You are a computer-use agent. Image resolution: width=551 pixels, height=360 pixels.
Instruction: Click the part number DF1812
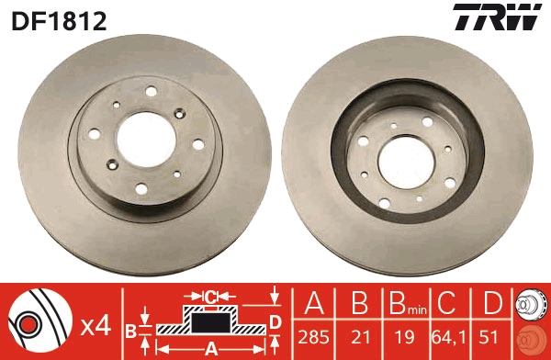59,21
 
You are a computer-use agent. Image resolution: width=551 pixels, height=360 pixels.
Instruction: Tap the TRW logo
497,17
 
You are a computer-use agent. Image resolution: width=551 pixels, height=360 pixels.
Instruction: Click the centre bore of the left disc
146,140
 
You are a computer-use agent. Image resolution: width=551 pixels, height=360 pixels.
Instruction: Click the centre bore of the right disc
407,163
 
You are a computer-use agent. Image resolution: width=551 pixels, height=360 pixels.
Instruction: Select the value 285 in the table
313,338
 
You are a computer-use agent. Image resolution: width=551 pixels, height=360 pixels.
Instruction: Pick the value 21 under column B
361,338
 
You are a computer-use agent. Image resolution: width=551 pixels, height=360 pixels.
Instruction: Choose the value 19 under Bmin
405,338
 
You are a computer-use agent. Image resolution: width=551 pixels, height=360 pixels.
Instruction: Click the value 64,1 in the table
449,338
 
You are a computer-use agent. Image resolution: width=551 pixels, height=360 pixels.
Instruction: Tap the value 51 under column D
489,338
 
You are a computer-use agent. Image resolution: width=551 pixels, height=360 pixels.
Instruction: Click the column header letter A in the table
314,303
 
